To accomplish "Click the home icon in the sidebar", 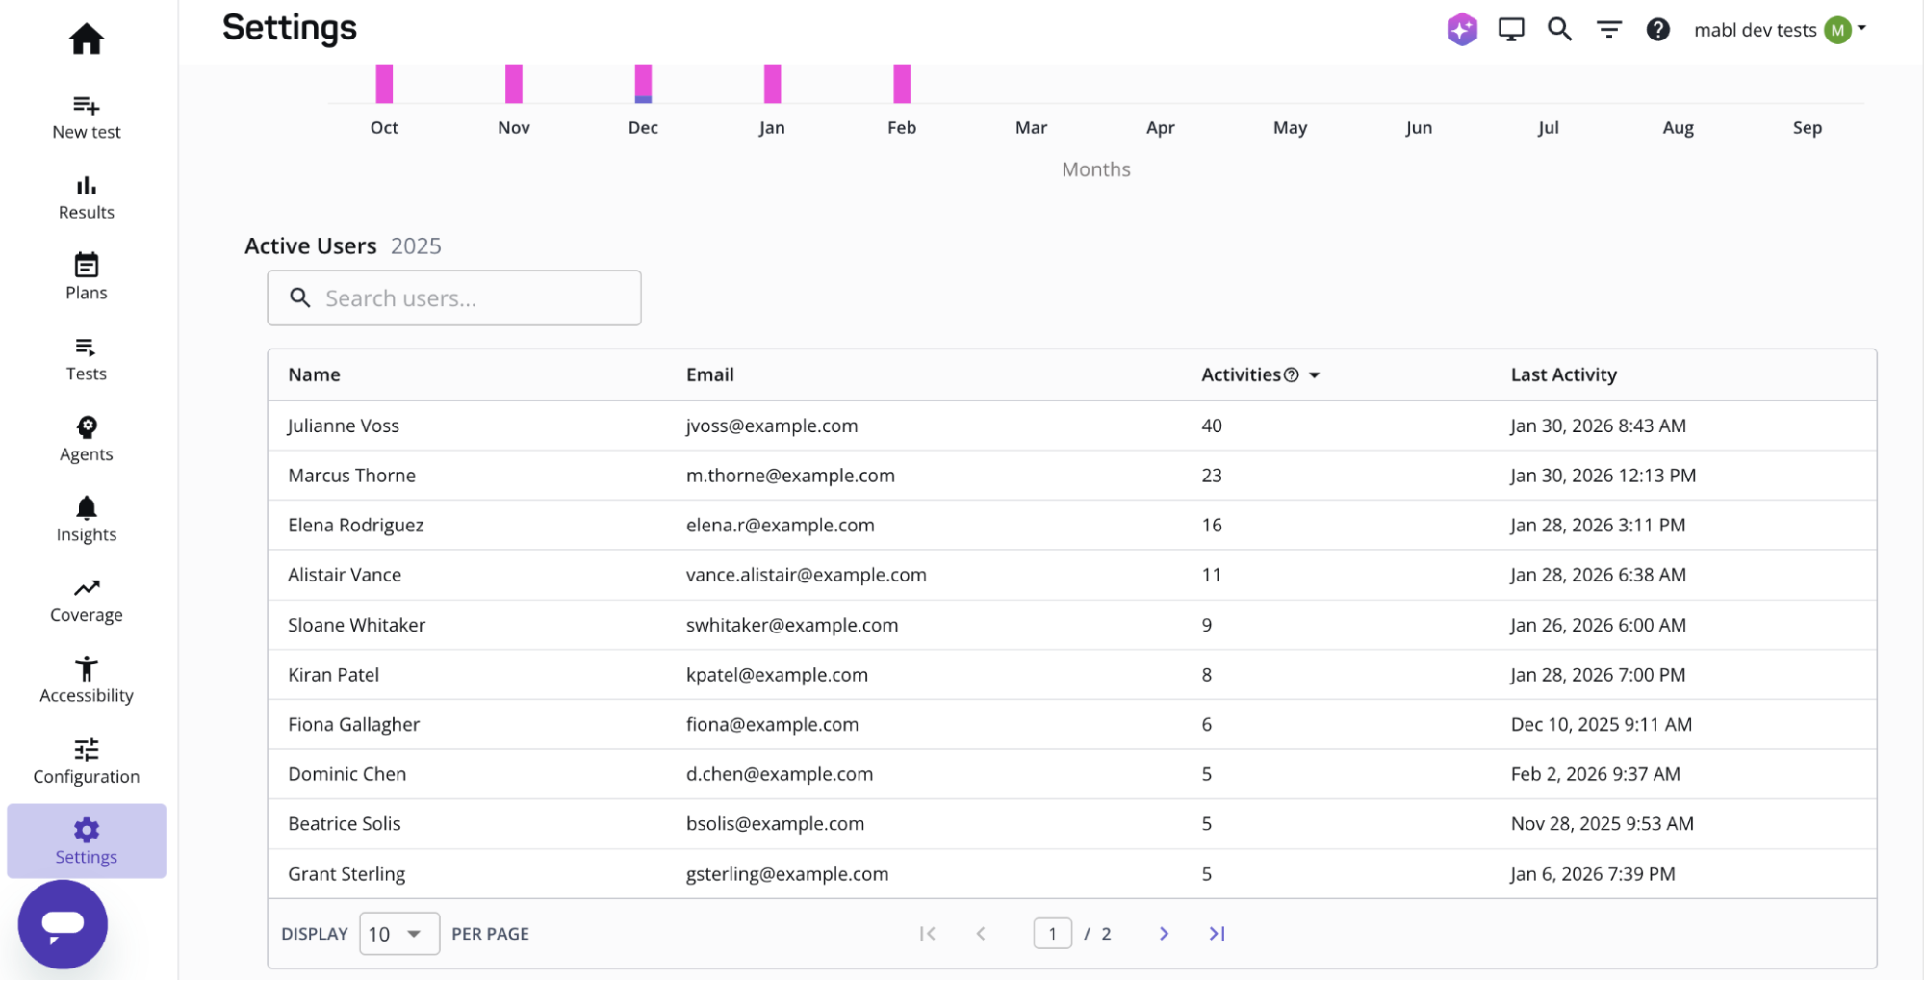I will coord(86,39).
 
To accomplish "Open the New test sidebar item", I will coord(86,116).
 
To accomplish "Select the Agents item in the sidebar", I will coord(86,438).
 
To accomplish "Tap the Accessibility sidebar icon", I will coord(86,680).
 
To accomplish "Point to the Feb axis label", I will coord(901,128).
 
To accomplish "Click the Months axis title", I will coord(1095,169).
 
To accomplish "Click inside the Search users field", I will coord(472,298).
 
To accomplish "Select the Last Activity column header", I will coord(1563,374).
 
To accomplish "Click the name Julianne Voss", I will coord(343,426).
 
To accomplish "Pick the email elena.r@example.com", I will coord(780,525).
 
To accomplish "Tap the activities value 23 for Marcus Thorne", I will coord(1211,476).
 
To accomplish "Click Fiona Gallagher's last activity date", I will coord(1601,724).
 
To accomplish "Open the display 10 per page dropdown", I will coord(398,934).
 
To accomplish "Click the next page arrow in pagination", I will coord(1164,934).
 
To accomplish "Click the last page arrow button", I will coord(1217,934).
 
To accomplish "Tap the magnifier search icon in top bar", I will coord(1559,30).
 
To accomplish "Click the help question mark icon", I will coord(1657,30).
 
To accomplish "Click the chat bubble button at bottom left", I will coord(63,924).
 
